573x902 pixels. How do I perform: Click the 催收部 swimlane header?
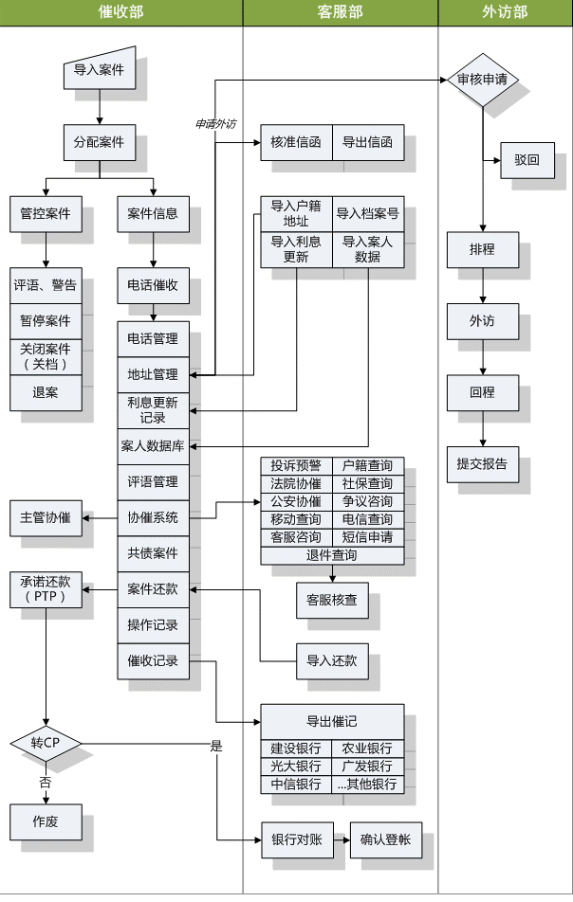(121, 12)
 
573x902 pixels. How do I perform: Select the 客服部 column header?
(340, 12)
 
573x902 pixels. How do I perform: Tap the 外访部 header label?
(505, 12)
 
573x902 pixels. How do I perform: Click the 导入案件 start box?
(99, 70)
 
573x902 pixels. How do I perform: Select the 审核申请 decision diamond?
(482, 80)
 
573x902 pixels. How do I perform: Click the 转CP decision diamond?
(46, 742)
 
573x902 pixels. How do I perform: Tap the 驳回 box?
(527, 160)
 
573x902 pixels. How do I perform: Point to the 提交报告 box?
(482, 464)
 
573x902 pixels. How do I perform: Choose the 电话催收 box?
(153, 285)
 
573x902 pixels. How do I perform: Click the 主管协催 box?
(46, 517)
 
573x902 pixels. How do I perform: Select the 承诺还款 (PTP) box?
(46, 589)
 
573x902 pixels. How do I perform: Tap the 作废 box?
(46, 821)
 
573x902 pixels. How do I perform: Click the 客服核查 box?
(332, 600)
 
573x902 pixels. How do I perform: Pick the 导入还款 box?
(332, 660)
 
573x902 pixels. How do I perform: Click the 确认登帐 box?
(386, 839)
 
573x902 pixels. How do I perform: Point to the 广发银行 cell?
(368, 766)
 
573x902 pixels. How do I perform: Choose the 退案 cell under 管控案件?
(46, 392)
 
